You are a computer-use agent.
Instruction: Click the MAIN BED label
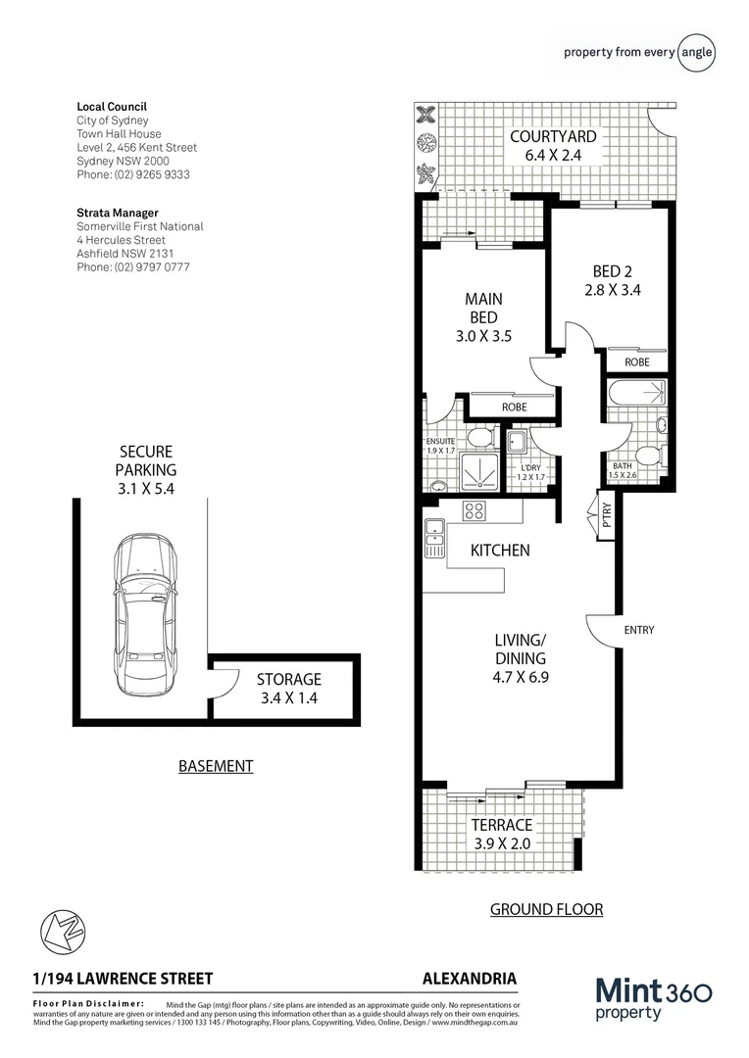coord(483,316)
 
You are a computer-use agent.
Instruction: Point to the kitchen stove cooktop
coord(474,510)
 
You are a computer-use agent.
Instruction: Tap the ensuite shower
coord(479,472)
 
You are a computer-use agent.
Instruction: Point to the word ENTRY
coord(638,630)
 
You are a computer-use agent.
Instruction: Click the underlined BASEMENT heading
coord(216,766)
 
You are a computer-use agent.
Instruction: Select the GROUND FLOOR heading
coord(546,909)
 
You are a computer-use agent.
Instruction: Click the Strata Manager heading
coord(117,213)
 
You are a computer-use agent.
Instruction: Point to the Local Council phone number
coord(133,174)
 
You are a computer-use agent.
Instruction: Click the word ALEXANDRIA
coord(469,978)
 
